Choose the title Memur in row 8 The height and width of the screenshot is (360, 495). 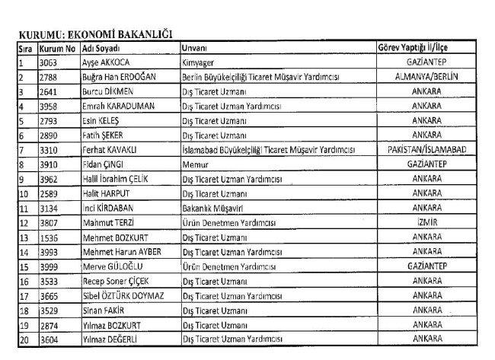pos(196,164)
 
